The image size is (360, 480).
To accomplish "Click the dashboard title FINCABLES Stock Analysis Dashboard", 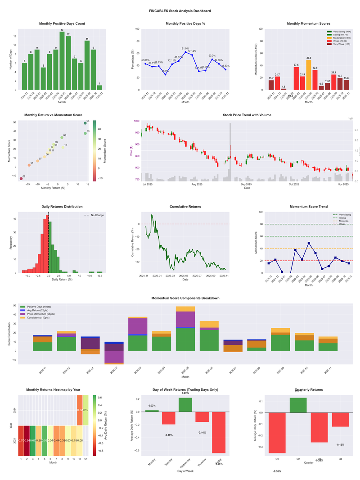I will pos(180,11).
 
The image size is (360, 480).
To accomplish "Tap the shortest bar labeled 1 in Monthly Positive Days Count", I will pos(99,87).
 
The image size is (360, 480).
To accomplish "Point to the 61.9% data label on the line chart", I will pos(185,49).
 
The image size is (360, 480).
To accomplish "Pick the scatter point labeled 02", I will pos(21,179).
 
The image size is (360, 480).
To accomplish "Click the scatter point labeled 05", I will pos(85,123).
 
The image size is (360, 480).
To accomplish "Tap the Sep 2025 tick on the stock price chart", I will pos(246,184).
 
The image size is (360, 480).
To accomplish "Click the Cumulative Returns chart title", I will pos(185,207).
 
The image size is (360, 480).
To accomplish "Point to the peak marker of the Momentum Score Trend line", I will pos(309,243).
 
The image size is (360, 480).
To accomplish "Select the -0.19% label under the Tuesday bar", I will pos(169,435).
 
